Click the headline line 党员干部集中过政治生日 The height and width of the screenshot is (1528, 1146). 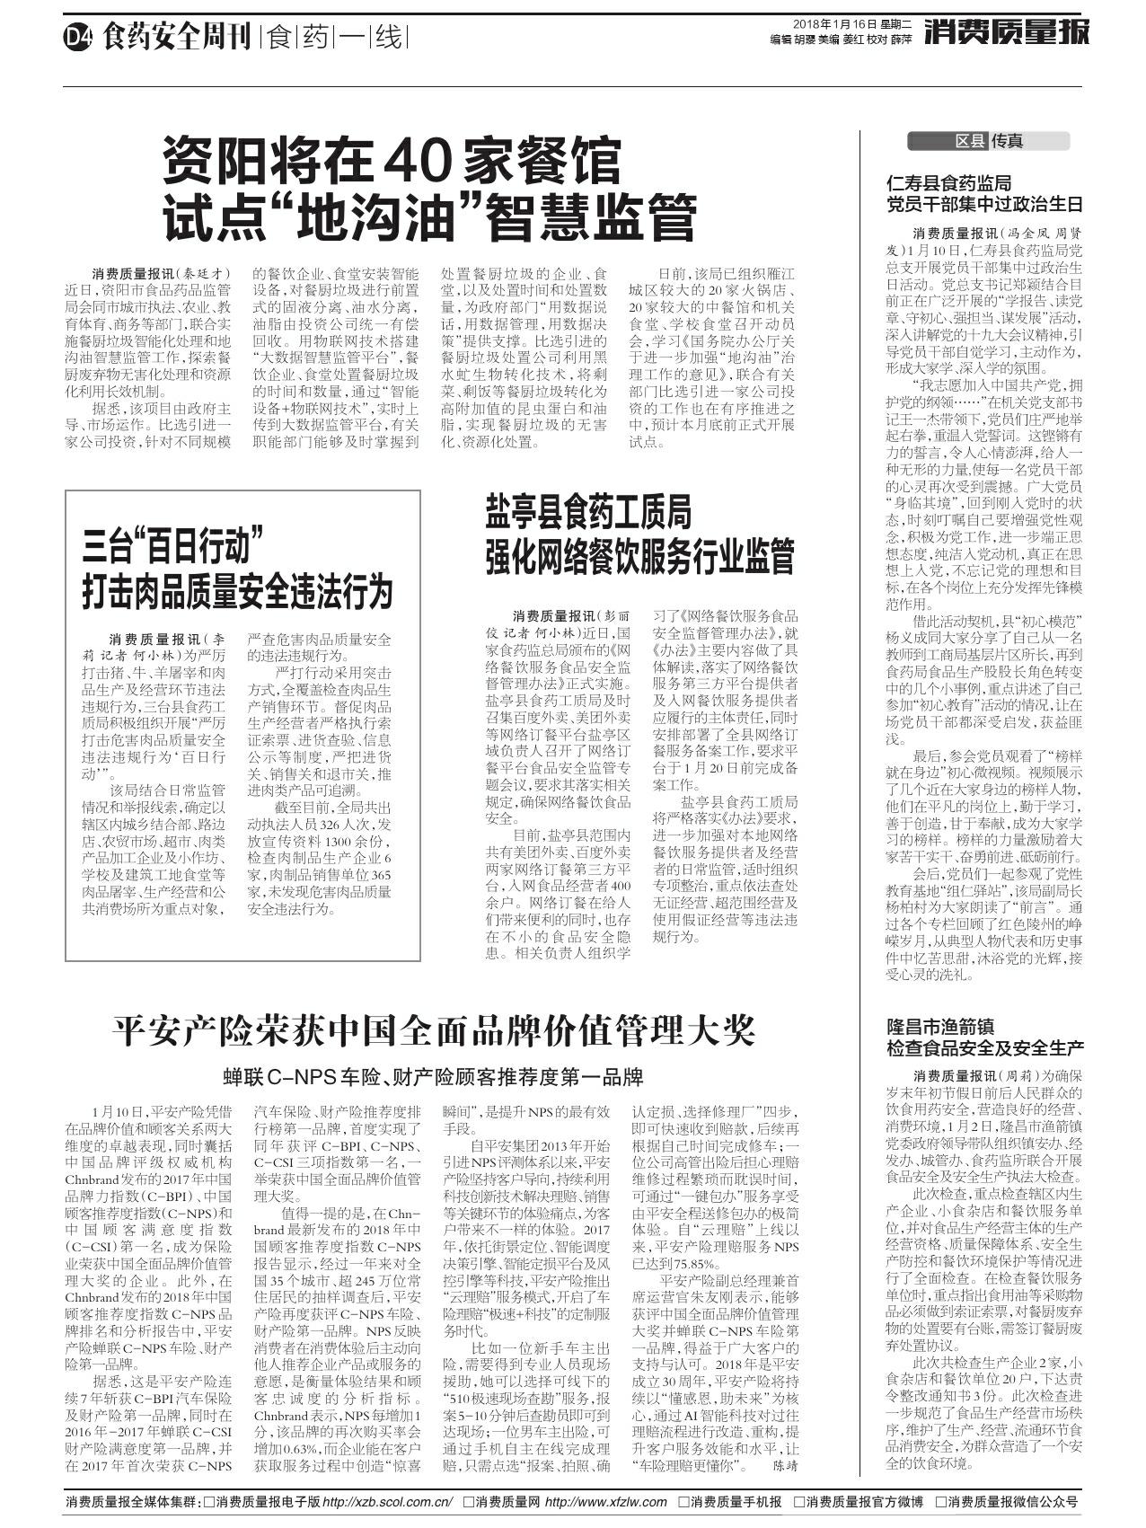click(x=984, y=204)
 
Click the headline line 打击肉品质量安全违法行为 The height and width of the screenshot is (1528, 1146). click(x=238, y=591)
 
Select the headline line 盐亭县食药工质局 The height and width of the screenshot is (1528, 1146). click(x=588, y=513)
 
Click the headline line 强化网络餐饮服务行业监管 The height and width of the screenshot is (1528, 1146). click(x=639, y=556)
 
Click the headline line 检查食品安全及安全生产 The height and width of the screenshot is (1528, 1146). click(x=984, y=1047)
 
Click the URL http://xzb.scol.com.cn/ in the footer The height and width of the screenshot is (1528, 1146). click(x=387, y=1502)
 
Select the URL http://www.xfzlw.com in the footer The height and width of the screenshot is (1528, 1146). click(x=606, y=1502)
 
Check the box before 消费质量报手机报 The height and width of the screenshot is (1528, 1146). click(x=684, y=1502)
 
